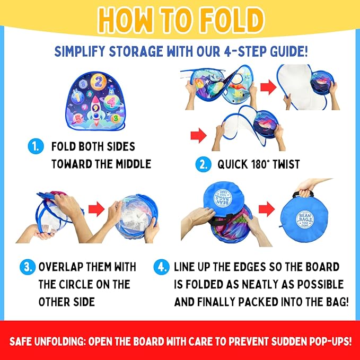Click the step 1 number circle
[36, 146]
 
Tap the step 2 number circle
[203, 164]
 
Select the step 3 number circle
[28, 267]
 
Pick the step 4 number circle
[162, 267]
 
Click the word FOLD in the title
[232, 20]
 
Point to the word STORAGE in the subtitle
[136, 51]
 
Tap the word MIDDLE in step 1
[133, 164]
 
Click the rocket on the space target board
[96, 110]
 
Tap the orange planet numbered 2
[99, 82]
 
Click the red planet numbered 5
[79, 119]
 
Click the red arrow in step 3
[96, 209]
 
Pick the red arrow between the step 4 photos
[267, 209]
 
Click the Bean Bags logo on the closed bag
[305, 219]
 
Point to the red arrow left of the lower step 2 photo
[199, 135]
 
